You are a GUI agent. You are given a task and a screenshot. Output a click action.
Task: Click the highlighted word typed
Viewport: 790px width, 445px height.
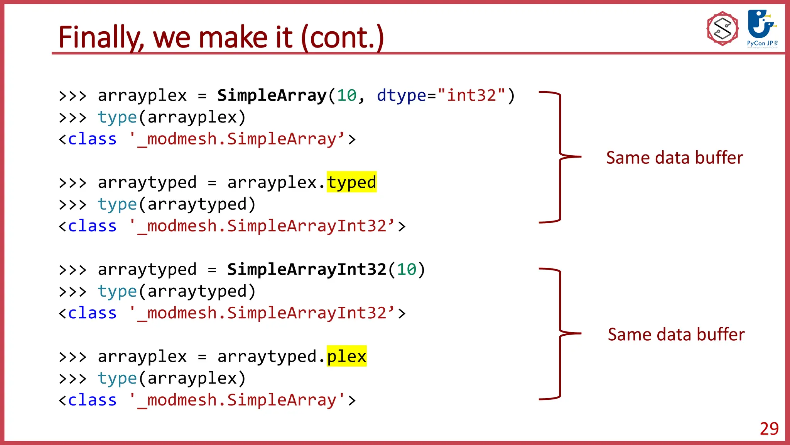351,182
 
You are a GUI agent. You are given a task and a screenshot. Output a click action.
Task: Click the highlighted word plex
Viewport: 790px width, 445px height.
346,356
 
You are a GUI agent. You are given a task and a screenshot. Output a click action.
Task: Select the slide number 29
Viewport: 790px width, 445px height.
769,429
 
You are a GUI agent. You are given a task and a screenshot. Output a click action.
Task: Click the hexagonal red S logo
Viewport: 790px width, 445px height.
722,29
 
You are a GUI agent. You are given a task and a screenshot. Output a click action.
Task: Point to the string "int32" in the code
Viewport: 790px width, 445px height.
471,95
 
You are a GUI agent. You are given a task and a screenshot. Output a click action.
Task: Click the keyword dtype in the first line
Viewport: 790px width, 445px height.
401,95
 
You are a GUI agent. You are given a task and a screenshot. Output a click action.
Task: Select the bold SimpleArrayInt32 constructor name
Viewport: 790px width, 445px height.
307,269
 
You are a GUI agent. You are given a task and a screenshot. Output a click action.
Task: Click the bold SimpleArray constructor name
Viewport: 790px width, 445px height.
272,95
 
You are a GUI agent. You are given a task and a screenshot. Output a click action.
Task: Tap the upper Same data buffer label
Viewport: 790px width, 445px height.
674,158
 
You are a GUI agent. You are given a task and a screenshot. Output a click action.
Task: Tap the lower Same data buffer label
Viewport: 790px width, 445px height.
676,335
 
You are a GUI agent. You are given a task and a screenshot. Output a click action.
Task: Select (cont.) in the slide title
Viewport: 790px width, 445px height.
342,37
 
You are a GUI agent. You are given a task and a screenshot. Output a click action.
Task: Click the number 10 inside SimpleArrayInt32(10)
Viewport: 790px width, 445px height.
406,269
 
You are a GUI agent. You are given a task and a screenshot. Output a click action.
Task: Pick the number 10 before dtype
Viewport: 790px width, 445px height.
346,95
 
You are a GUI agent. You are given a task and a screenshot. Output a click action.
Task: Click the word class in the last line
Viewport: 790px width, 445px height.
92,400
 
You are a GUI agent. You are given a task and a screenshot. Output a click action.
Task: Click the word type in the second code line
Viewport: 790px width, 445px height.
117,117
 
